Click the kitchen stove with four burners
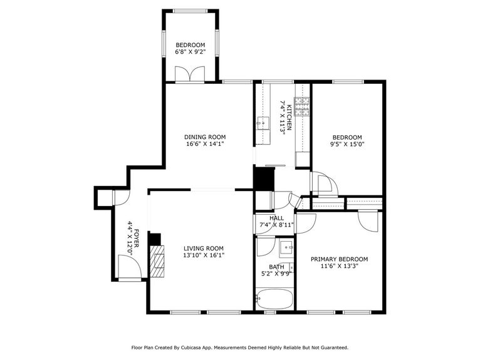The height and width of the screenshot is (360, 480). click(x=303, y=106)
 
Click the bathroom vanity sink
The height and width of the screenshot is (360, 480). click(x=286, y=248)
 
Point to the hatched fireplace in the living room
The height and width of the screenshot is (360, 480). click(x=159, y=260)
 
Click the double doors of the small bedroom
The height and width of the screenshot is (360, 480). click(x=190, y=75)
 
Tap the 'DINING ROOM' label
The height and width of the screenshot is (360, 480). click(x=205, y=137)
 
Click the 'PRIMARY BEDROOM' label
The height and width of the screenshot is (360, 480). click(x=339, y=259)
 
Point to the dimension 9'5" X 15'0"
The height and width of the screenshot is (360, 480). click(x=347, y=145)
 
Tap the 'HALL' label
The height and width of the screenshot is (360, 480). click(x=276, y=218)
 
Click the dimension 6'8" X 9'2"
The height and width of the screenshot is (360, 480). click(x=190, y=53)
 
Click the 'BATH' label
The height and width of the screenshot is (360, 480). click(x=276, y=265)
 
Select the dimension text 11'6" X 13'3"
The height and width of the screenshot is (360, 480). click(x=339, y=266)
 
